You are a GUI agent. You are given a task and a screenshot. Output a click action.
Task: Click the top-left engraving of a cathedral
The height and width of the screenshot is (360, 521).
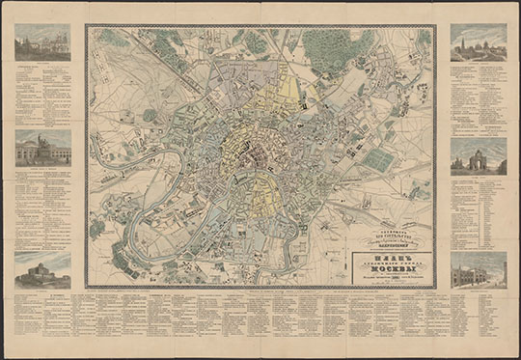click(x=42, y=42)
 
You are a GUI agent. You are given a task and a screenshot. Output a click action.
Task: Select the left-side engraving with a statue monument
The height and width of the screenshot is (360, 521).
click(x=42, y=149)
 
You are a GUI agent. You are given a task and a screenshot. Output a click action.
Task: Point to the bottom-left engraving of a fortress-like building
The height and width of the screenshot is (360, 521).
click(x=42, y=269)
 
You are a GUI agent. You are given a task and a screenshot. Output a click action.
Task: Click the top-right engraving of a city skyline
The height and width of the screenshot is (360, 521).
click(x=478, y=42)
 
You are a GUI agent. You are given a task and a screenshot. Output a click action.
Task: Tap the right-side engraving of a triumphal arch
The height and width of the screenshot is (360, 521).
click(x=478, y=155)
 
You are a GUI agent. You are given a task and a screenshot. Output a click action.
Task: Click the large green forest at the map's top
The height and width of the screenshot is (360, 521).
click(x=333, y=48)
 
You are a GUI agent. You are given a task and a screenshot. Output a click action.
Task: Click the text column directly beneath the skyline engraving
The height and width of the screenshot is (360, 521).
click(x=478, y=97)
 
